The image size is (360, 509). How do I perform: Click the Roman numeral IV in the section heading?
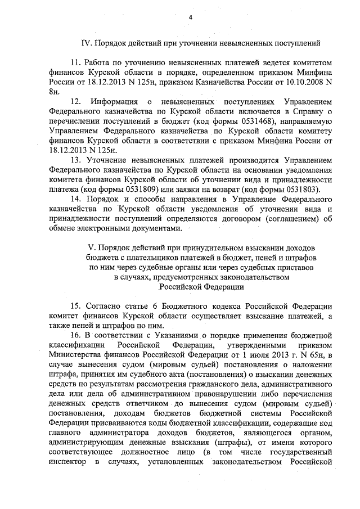click(x=87, y=42)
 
